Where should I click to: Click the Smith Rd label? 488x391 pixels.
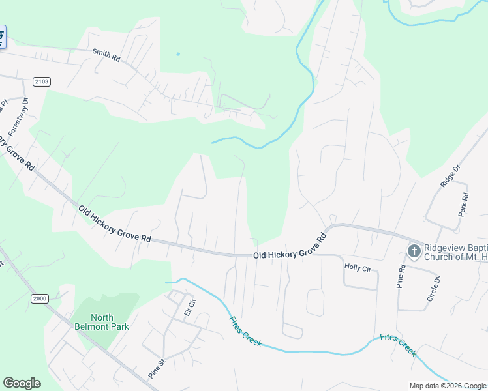[106, 56]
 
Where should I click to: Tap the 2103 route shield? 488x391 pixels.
[40, 81]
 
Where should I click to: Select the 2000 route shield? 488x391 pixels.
[39, 298]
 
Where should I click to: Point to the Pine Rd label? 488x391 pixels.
[401, 277]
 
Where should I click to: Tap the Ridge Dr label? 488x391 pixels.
[450, 175]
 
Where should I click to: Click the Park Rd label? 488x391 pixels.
[465, 205]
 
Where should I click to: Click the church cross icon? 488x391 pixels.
[414, 251]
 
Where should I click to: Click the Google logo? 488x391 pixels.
[22, 383]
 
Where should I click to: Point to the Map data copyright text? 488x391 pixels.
[447, 386]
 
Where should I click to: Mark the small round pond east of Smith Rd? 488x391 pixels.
[177, 54]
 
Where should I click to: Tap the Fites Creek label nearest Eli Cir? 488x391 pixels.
[245, 331]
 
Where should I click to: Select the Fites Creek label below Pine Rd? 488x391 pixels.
[398, 345]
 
